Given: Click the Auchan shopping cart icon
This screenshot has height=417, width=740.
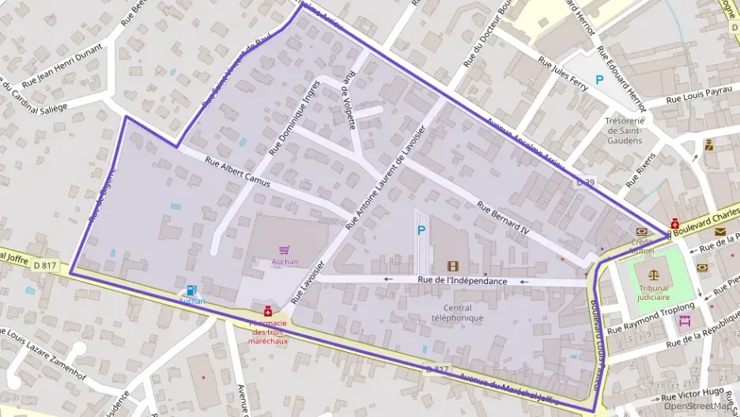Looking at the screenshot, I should (x=284, y=250).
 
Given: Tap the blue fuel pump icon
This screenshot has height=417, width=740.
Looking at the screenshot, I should (x=191, y=290).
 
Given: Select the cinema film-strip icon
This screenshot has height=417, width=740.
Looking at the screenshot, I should (x=452, y=267).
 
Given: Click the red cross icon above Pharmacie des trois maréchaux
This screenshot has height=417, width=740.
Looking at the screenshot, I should (x=268, y=311).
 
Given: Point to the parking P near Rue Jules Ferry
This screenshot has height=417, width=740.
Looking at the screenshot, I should (x=599, y=79).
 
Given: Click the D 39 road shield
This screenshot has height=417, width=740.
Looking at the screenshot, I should (x=585, y=182).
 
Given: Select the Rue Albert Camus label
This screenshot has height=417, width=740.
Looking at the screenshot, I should (x=237, y=172).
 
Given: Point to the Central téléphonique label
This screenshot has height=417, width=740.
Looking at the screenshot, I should (x=452, y=313).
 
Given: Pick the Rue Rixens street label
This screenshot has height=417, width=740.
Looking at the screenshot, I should (x=641, y=169).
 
